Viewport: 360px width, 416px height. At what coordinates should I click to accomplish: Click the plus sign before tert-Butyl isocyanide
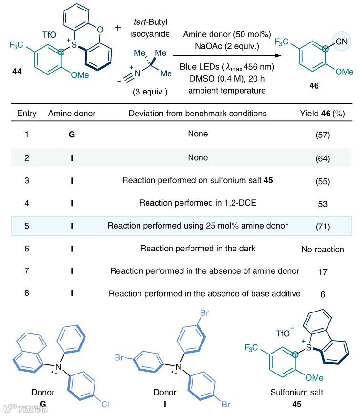[x=118, y=27]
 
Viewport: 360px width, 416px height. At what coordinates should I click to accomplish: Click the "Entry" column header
[x=27, y=113]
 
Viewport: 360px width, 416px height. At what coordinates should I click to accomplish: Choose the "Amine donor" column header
[x=72, y=113]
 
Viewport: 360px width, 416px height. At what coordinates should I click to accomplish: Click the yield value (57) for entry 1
[x=323, y=135]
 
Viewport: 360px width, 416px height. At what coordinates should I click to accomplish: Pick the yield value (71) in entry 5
[x=323, y=226]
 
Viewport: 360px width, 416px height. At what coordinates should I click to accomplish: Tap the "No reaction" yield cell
[x=323, y=249]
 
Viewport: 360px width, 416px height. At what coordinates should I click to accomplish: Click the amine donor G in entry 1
[x=72, y=135]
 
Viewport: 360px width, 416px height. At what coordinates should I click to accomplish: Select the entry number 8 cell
[x=27, y=294]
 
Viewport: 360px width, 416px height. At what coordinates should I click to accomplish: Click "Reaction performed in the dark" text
[x=198, y=249]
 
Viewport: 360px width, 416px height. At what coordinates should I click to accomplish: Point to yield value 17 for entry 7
[x=323, y=271]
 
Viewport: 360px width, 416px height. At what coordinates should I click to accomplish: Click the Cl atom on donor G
[x=106, y=405]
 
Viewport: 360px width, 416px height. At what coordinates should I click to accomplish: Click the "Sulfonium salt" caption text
[x=297, y=393]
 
